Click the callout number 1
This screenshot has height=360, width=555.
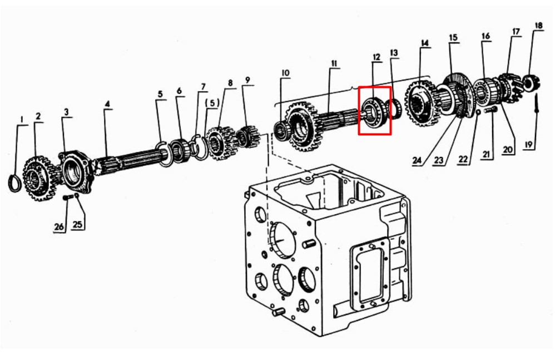point(22,120)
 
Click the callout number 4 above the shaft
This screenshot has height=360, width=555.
point(107,103)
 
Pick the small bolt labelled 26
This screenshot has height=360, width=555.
point(68,197)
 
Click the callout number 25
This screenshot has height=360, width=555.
point(77,224)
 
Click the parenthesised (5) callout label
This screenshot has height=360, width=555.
point(212,103)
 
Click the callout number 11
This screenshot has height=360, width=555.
point(334,63)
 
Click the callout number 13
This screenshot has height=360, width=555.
point(394,53)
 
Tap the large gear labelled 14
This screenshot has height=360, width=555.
point(420,102)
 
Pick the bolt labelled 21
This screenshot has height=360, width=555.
point(490,110)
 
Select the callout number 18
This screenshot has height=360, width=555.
point(538,26)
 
